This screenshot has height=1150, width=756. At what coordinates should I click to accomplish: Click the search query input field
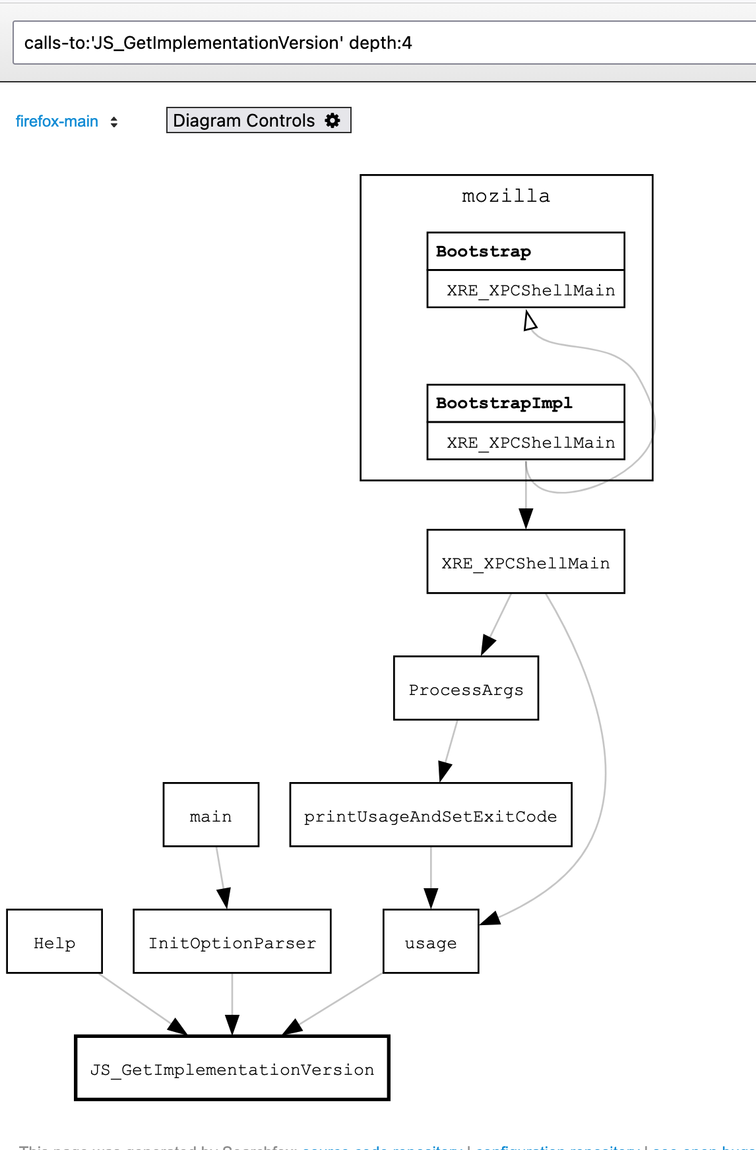383,43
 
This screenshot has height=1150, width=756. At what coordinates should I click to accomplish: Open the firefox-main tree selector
66,121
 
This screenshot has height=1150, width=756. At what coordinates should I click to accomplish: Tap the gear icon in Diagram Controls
332,121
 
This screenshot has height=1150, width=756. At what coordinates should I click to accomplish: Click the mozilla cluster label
505,196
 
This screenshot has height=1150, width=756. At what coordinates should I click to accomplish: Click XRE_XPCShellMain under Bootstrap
530,290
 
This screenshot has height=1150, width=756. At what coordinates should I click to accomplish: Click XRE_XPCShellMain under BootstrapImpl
530,442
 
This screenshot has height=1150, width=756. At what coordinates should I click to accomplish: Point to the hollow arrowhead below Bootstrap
530,321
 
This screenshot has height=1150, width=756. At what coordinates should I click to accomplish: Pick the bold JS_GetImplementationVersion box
232,1068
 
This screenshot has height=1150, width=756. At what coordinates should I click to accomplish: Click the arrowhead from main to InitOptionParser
224,898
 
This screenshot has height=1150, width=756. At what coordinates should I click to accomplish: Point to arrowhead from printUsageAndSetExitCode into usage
431,898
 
